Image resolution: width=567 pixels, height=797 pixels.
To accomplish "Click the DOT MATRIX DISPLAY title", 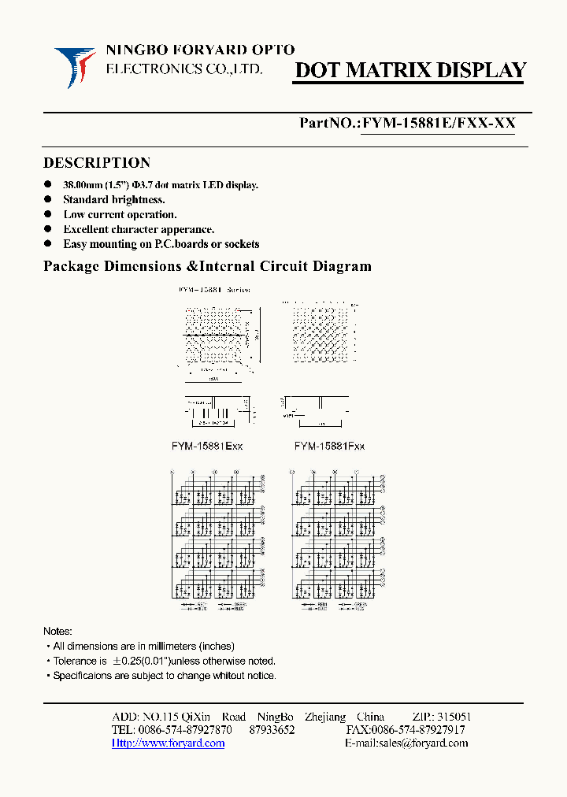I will (409, 71).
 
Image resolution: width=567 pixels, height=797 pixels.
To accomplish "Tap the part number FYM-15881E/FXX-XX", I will (438, 124).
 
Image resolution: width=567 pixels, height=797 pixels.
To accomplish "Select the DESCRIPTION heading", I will (97, 163).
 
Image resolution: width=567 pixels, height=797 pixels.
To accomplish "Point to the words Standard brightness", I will (114, 200).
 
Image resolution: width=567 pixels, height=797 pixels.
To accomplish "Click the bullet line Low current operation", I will (120, 215).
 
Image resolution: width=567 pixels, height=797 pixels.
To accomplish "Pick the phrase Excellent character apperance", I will (139, 230).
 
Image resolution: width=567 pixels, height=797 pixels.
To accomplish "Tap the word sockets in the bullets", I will (239, 245).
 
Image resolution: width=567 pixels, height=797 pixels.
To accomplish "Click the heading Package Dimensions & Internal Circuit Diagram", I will (207, 266).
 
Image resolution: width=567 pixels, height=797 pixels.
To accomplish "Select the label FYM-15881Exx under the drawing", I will (207, 446).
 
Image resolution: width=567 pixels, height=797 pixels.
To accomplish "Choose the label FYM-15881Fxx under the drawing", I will (330, 446).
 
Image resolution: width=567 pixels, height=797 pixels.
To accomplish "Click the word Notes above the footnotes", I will (57, 632).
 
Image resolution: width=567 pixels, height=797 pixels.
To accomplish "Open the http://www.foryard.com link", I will (168, 743).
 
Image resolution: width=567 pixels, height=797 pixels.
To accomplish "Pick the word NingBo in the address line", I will (275, 717).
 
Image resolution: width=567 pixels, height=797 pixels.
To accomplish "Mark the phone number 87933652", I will (272, 730).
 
